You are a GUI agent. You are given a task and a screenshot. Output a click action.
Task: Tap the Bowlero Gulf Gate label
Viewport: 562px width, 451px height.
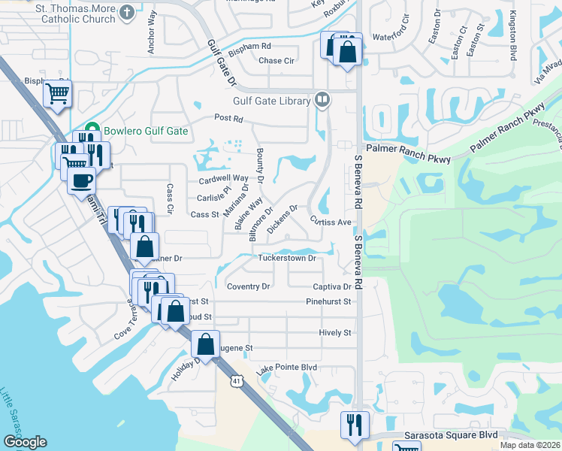tap(145, 131)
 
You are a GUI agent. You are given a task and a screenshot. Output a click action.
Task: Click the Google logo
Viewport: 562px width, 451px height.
tap(25, 442)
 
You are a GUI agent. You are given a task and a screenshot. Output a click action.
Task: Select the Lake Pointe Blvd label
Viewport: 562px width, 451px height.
tap(286, 368)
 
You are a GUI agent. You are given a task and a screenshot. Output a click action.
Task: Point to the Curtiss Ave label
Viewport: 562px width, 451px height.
tap(331, 222)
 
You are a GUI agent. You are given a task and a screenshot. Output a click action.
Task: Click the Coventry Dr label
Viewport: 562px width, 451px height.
tap(248, 286)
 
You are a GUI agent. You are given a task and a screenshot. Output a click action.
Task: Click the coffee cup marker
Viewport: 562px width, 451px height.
tap(82, 180)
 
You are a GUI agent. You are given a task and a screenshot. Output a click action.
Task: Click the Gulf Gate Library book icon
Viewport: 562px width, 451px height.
tap(322, 98)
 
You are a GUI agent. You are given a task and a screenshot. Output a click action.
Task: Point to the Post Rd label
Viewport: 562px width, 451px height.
tap(228, 118)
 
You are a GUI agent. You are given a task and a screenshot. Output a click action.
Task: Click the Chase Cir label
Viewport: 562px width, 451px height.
tap(276, 61)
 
